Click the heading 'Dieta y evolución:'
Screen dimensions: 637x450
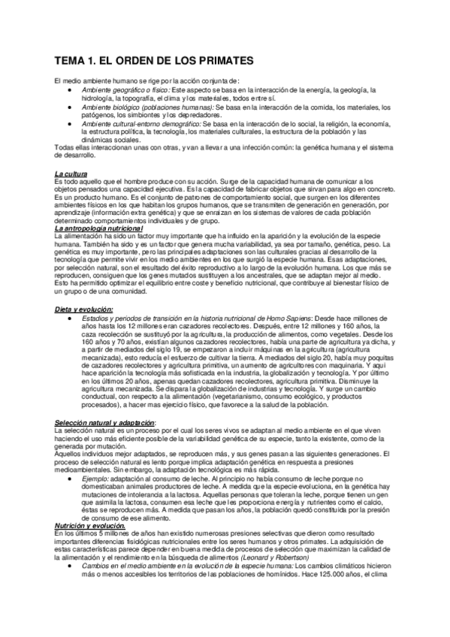point(83,309)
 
